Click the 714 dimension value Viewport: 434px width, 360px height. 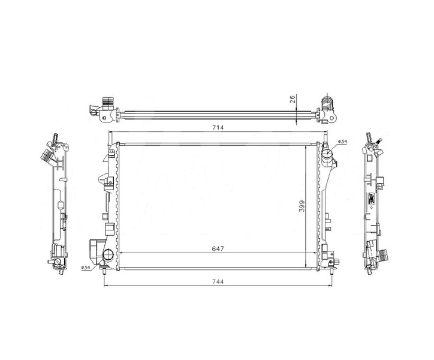click(218, 128)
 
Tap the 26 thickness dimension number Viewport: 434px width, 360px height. click(293, 99)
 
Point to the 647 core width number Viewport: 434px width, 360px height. click(218, 248)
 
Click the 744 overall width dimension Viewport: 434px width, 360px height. click(218, 281)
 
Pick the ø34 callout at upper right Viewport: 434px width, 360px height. click(343, 142)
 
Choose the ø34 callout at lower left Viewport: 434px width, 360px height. click(86, 268)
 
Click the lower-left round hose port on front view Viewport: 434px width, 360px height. click(108, 254)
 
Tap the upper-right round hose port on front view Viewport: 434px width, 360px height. click(327, 153)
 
